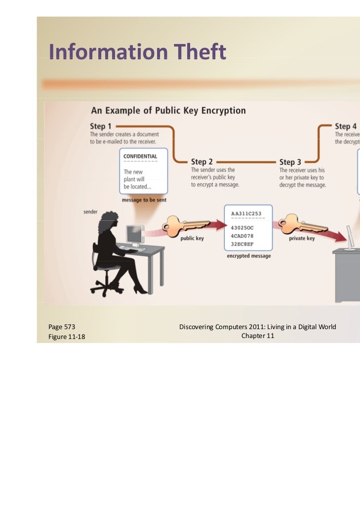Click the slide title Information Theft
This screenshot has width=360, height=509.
(x=137, y=52)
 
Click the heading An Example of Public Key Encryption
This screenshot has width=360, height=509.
(x=168, y=110)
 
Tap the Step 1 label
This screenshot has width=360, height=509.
(x=101, y=126)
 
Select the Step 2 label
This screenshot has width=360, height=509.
(x=202, y=162)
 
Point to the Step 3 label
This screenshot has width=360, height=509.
(x=290, y=162)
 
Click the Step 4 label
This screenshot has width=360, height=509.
(x=346, y=126)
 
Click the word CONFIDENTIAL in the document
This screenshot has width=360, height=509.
(x=140, y=156)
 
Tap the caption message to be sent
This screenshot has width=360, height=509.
(x=144, y=200)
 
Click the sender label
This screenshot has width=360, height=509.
(x=90, y=212)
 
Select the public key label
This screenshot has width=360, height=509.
(x=192, y=238)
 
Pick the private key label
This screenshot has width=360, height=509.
(x=302, y=238)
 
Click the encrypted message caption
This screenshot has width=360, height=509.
(x=248, y=256)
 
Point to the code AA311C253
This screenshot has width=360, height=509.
(x=247, y=213)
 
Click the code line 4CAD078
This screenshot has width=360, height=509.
(x=242, y=235)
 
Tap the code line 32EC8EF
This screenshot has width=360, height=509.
(x=242, y=243)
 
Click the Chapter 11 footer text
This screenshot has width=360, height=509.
(x=257, y=336)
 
